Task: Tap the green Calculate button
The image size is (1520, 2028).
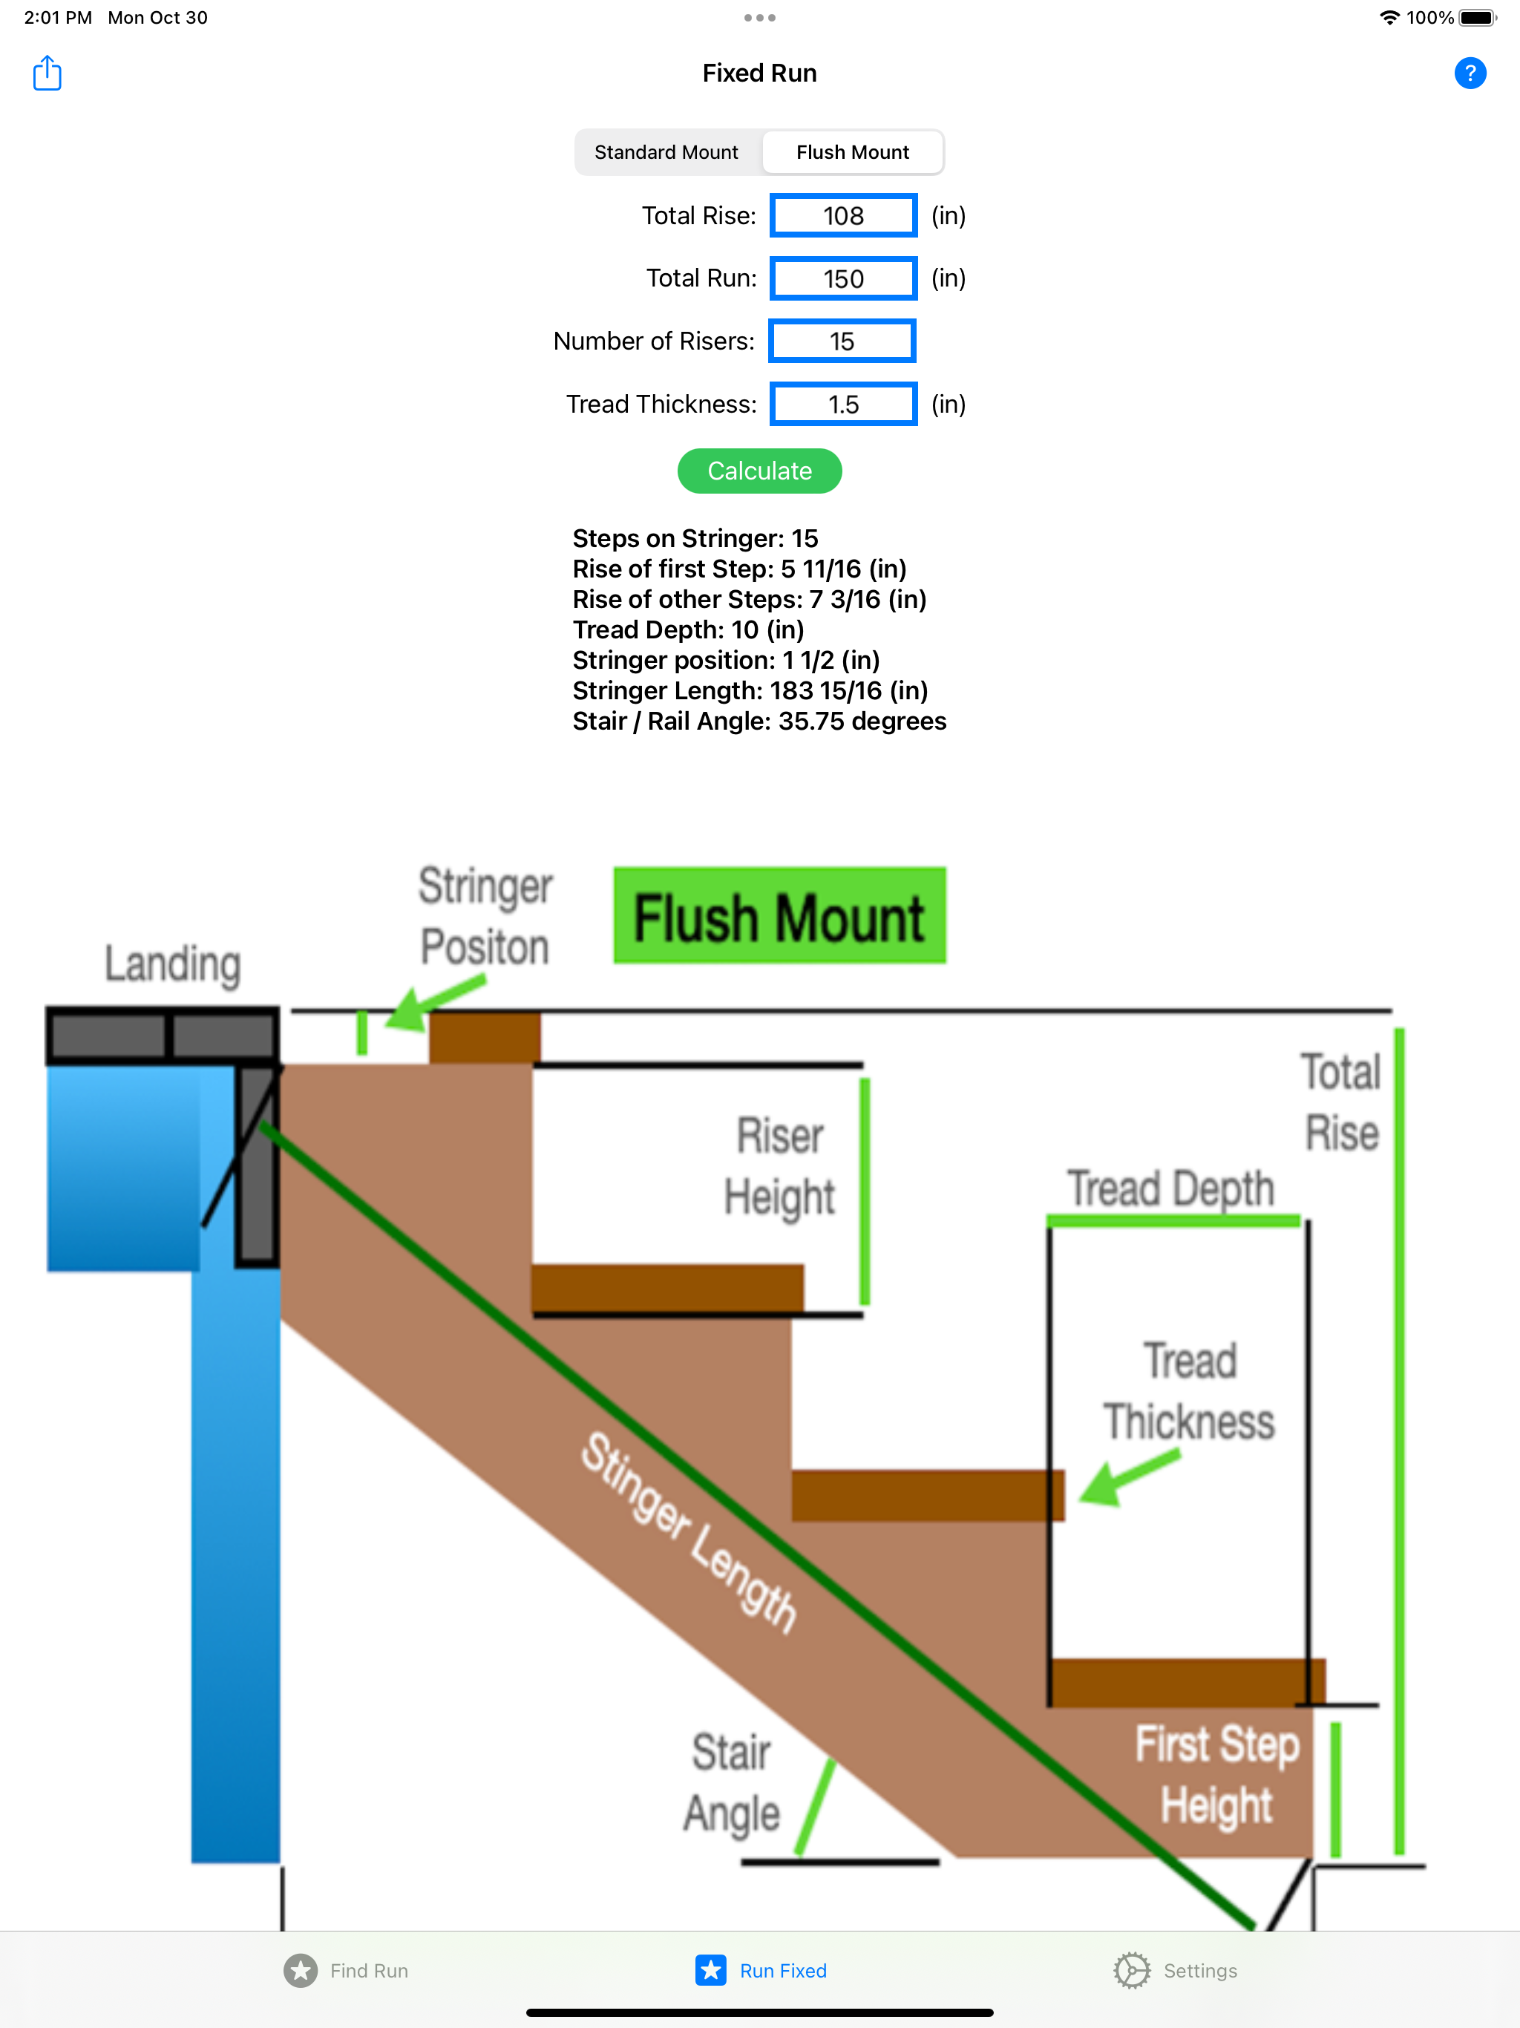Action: tap(759, 471)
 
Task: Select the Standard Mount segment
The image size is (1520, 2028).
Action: tap(666, 152)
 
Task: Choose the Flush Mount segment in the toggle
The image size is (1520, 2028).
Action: tap(853, 152)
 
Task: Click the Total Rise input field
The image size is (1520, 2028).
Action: tap(843, 215)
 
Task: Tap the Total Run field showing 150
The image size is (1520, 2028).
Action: tap(843, 278)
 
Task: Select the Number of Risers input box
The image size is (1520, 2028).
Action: tap(842, 341)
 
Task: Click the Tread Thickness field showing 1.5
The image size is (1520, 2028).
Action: tap(843, 405)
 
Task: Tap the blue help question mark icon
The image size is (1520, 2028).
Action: tap(1470, 73)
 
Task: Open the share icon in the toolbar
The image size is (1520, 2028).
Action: tap(47, 73)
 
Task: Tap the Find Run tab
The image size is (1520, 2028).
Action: tap(347, 1970)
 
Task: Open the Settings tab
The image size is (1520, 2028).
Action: tap(1176, 1970)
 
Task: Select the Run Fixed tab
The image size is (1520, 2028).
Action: tap(761, 1970)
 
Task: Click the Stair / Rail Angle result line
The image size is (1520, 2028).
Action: tap(759, 722)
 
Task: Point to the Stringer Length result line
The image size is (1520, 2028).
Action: tap(750, 690)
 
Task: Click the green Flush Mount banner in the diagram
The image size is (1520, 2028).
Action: tap(779, 916)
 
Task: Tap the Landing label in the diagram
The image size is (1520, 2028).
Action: tap(172, 964)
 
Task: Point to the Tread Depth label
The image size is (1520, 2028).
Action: tap(1170, 1188)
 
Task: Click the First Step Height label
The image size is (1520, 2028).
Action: tap(1216, 1774)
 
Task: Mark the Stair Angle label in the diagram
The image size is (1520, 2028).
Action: tap(732, 1783)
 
